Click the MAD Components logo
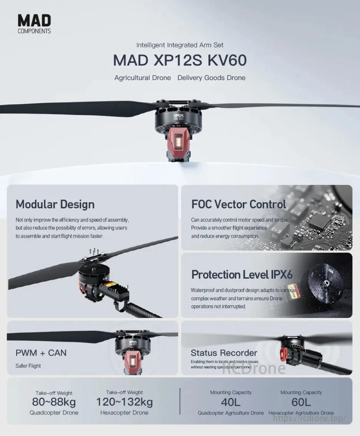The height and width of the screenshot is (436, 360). click(34, 24)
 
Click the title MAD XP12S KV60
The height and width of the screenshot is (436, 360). click(180, 61)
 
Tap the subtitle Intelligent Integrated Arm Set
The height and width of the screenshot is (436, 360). click(180, 45)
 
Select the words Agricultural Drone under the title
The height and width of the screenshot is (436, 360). click(142, 78)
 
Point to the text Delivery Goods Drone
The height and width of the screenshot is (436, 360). click(211, 78)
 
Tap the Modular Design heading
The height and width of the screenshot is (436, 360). click(55, 204)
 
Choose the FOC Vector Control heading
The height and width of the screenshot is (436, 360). click(238, 204)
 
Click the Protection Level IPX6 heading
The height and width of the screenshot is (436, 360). click(242, 275)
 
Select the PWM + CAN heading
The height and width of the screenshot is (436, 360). click(41, 353)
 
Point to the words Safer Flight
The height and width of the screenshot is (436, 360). click(28, 366)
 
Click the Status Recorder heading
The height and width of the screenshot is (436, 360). click(224, 353)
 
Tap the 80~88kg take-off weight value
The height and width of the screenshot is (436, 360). click(54, 402)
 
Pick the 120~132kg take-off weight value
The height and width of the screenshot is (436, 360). click(124, 402)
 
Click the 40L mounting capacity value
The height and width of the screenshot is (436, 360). click(231, 402)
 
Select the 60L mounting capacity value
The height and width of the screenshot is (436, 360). click(301, 402)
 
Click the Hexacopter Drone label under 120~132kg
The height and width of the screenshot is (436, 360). click(124, 413)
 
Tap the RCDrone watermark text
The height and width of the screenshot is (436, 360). click(254, 369)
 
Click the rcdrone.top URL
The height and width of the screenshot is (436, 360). click(310, 418)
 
